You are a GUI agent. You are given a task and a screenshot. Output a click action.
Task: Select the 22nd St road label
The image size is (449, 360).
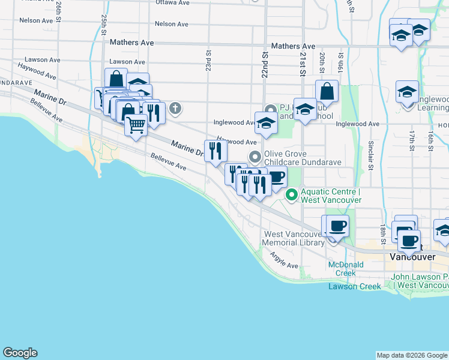(x=264, y=60)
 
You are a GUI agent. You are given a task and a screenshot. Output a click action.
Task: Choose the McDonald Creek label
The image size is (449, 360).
(x=342, y=269)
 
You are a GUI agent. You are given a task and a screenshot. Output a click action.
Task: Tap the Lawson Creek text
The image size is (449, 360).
(x=354, y=286)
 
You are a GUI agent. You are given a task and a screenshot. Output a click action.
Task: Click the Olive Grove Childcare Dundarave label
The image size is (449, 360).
(x=303, y=157)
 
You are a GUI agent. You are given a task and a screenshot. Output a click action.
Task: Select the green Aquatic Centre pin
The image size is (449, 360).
(x=292, y=194)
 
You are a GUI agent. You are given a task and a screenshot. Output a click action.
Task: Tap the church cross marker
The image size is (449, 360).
(x=175, y=109)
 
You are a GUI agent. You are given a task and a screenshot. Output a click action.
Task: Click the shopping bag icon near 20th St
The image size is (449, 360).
(x=327, y=92)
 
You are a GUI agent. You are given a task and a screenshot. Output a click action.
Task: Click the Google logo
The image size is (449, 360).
(x=20, y=353)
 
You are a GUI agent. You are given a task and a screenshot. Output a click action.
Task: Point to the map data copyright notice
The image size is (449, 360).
(x=411, y=355)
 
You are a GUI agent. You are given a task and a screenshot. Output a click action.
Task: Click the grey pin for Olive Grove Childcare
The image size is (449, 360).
(x=256, y=158)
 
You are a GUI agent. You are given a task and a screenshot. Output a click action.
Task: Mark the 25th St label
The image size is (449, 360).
(x=104, y=23)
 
